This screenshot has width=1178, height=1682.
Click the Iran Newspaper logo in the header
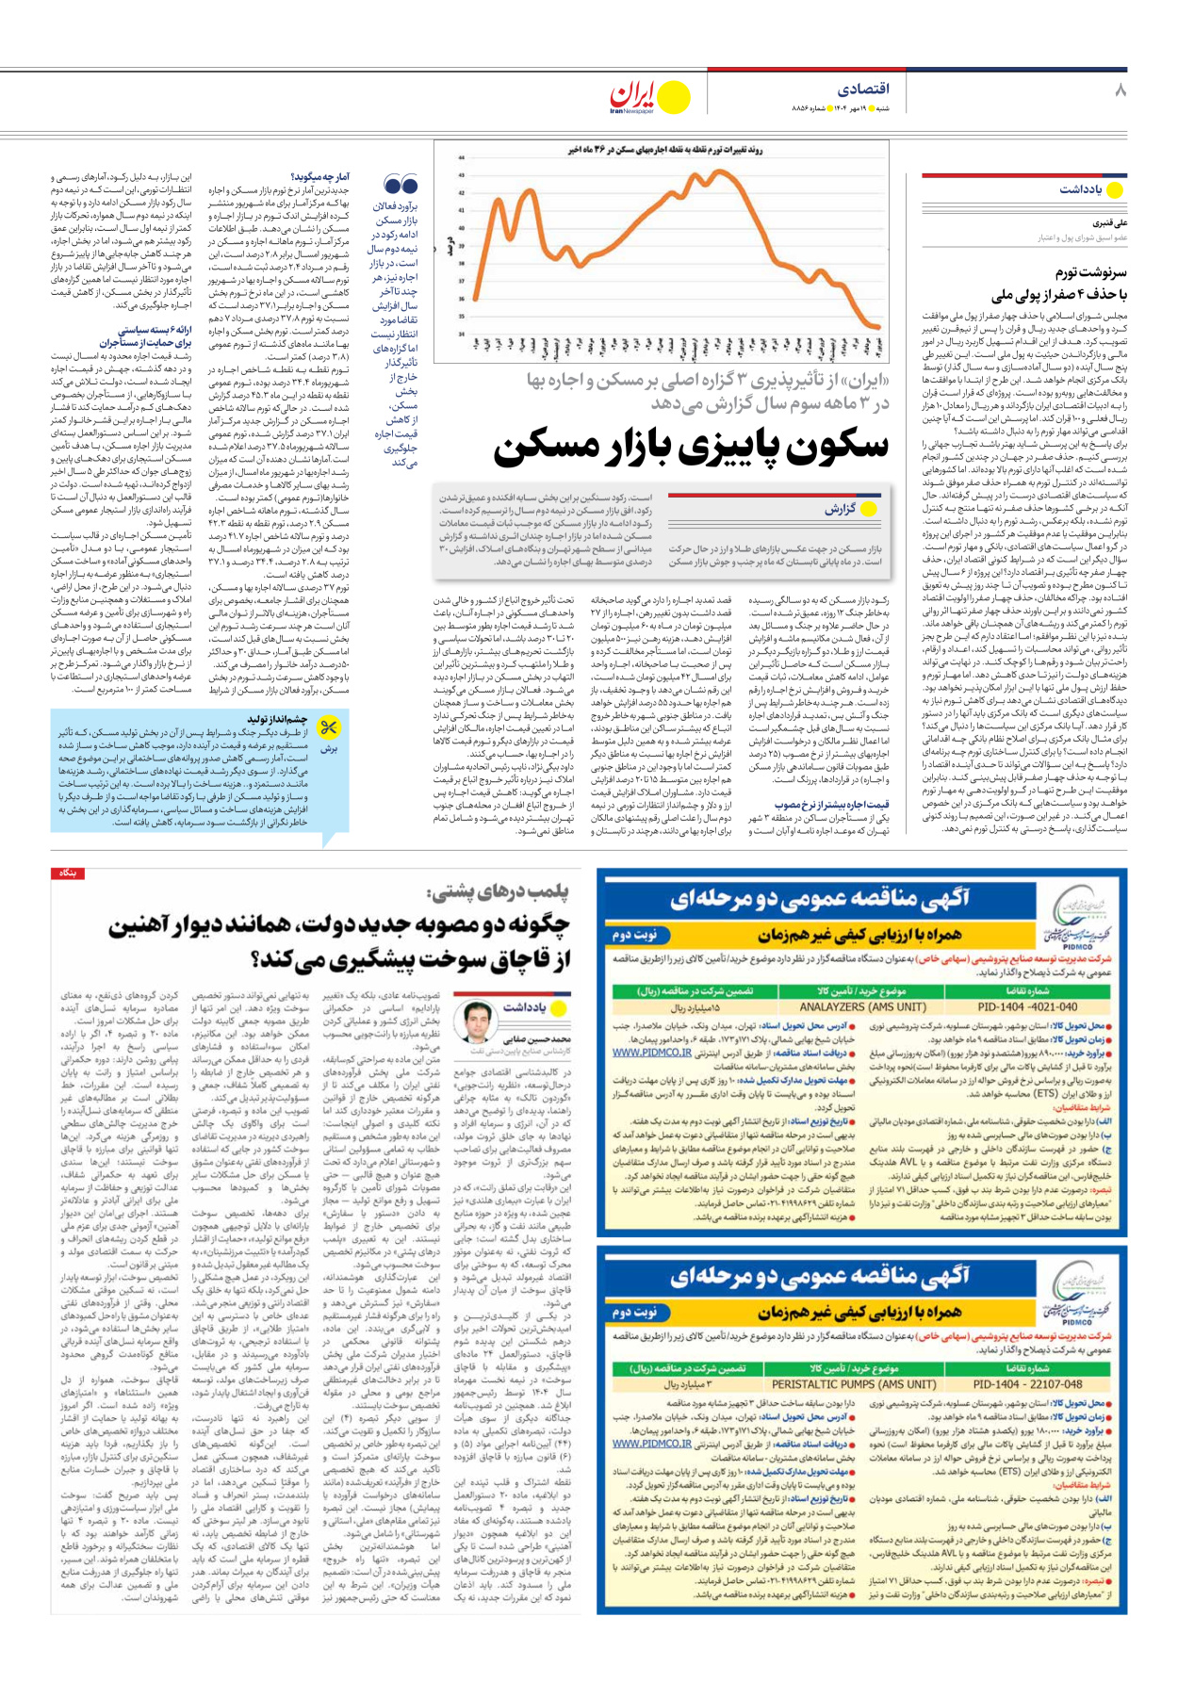pyautogui.click(x=648, y=97)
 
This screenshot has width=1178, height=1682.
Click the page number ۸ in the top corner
pyautogui.click(x=1120, y=90)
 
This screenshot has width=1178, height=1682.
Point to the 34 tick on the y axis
pyautogui.click(x=462, y=334)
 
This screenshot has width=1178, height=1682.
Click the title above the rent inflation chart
pyautogui.click(x=665, y=150)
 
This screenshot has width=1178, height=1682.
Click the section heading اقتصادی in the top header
pyautogui.click(x=863, y=89)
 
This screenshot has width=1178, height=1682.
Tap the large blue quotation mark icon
pyautogui.click(x=401, y=184)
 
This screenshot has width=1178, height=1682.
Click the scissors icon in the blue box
pyautogui.click(x=328, y=728)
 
